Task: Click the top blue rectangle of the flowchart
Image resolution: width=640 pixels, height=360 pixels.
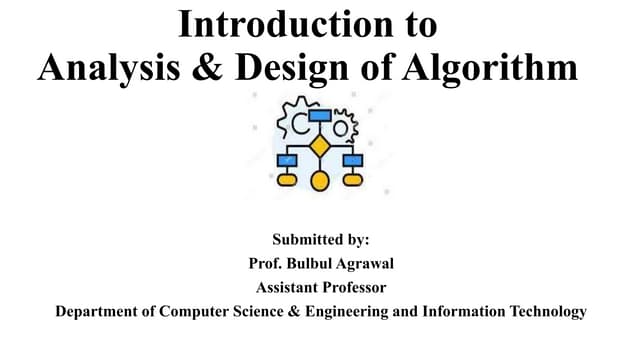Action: point(320,115)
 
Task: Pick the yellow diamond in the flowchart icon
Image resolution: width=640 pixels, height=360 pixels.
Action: point(320,146)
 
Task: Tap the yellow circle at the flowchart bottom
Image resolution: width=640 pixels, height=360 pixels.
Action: point(320,181)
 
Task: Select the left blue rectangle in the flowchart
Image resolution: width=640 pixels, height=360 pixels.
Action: point(287,160)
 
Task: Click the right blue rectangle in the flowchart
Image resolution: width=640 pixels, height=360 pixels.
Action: point(353,160)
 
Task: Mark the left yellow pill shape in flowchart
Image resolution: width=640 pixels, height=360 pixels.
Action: point(287,181)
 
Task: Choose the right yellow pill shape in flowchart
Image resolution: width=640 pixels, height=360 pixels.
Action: point(353,181)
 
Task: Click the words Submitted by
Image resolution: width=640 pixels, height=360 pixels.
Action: point(320,240)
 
